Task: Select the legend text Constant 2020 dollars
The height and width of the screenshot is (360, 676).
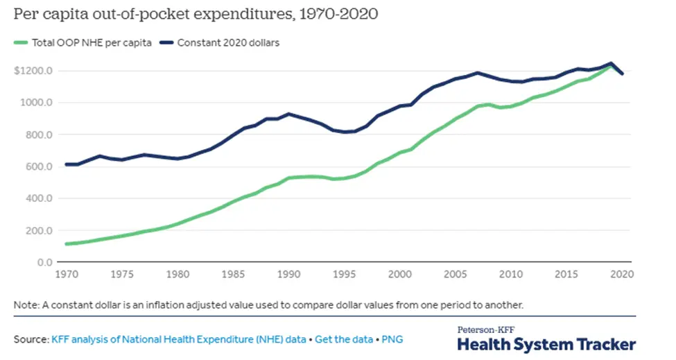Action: pyautogui.click(x=229, y=43)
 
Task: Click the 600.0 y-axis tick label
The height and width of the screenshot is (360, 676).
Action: pyautogui.click(x=40, y=166)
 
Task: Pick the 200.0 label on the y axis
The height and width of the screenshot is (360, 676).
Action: pyautogui.click(x=40, y=230)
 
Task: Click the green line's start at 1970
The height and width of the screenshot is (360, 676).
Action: pyautogui.click(x=67, y=243)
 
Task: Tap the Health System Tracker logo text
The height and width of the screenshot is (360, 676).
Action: pyautogui.click(x=546, y=343)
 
